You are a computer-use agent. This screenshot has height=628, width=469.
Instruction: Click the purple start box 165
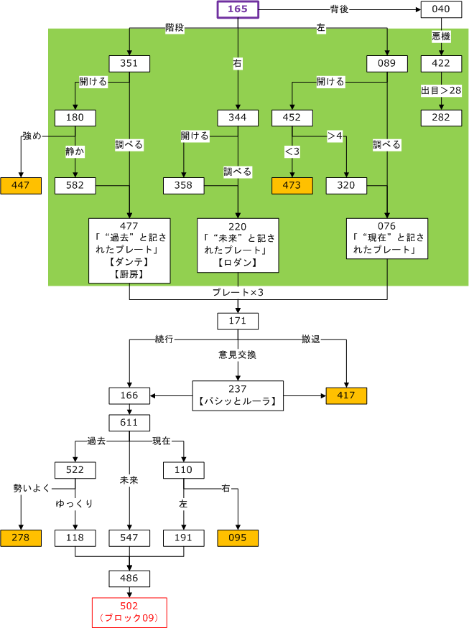(x=238, y=9)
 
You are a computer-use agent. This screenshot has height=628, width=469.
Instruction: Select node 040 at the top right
(x=441, y=9)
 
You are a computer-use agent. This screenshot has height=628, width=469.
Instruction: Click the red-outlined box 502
(x=129, y=611)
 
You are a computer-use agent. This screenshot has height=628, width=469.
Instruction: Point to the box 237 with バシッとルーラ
(x=238, y=395)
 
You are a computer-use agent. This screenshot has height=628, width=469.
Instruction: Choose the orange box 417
(x=346, y=395)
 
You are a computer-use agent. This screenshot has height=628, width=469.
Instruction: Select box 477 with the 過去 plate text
(x=129, y=250)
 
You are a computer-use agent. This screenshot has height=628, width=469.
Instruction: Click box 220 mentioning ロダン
(x=238, y=245)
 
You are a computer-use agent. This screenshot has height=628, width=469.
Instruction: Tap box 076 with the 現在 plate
(x=387, y=238)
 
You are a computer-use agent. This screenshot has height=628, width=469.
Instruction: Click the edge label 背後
(x=340, y=9)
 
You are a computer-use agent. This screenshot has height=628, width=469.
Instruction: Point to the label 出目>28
(x=441, y=90)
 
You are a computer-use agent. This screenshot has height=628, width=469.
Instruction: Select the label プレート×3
(x=238, y=293)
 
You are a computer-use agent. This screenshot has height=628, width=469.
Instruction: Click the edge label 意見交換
(x=238, y=355)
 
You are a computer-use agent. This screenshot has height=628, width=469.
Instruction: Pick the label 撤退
(x=311, y=339)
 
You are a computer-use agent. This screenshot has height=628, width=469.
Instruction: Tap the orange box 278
(x=20, y=538)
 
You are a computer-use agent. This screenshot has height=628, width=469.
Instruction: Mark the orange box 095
(x=238, y=538)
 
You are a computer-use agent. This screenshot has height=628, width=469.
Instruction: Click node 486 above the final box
(x=129, y=578)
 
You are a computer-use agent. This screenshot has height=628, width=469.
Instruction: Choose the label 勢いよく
(x=32, y=489)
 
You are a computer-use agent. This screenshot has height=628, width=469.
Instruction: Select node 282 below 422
(x=441, y=118)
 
